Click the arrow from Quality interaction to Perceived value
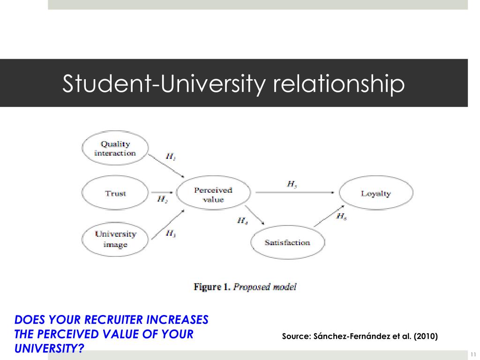coord(166,166)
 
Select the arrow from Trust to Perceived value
coord(162,193)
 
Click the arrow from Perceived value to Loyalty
coord(295,193)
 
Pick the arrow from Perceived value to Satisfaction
coord(255,215)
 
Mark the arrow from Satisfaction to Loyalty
coord(330,216)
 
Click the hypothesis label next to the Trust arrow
coord(162,200)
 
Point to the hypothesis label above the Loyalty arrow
coord(292,184)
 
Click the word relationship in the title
coord(338,83)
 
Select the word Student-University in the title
coord(164,83)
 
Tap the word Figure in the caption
coord(207,287)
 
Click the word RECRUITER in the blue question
coord(113,320)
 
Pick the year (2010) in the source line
coord(426,336)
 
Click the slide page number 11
coord(473,354)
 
